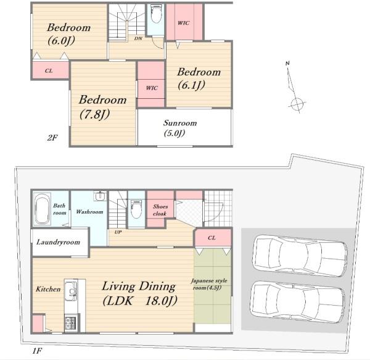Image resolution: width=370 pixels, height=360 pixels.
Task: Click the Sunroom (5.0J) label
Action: (180, 128)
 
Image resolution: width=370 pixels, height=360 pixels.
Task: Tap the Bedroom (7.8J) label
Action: (102, 107)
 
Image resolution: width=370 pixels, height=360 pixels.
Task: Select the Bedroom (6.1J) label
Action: (199, 78)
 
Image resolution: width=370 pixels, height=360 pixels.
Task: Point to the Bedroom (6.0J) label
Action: (68, 34)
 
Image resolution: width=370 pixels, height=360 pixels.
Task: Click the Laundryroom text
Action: (59, 242)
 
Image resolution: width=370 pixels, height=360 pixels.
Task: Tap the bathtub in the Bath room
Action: (43, 209)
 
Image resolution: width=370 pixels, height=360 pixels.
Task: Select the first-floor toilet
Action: (137, 209)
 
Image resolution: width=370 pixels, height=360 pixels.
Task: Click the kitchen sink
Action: (71, 290)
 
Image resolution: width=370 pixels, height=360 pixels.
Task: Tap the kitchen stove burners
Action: (71, 323)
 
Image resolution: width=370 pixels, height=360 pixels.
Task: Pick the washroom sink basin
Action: (101, 196)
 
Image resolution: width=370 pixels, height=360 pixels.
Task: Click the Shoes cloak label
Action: (160, 210)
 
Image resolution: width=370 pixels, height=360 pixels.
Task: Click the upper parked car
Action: (300, 256)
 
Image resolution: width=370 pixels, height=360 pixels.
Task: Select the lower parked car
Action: (298, 302)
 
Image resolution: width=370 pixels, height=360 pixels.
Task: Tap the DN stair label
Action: (138, 38)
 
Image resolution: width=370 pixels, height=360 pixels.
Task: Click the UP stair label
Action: (118, 232)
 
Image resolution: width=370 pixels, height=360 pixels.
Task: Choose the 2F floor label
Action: (52, 138)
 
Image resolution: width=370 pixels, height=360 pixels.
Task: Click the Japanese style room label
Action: (209, 284)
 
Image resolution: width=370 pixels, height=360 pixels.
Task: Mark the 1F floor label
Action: (37, 351)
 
